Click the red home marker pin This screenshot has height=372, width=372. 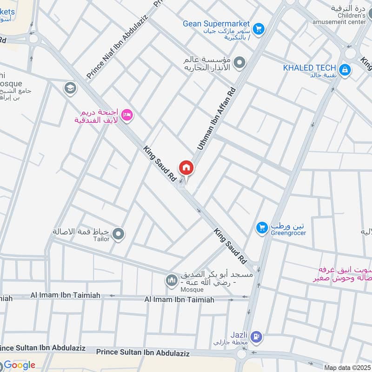[x=186, y=167]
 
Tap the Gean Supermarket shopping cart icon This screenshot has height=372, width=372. [x=259, y=28]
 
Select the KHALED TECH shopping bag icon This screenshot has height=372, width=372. [x=345, y=70]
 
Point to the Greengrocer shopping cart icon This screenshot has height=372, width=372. [x=262, y=227]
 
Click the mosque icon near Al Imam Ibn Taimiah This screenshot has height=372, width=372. [x=171, y=280]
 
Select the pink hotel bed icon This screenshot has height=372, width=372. [x=127, y=114]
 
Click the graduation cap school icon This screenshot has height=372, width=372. [x=71, y=88]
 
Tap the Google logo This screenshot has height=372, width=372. [x=20, y=365]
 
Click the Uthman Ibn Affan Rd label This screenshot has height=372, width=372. [x=216, y=119]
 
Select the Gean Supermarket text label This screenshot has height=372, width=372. [x=216, y=24]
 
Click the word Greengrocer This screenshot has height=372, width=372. [x=288, y=233]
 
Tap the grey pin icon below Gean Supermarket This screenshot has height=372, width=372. [x=239, y=62]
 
